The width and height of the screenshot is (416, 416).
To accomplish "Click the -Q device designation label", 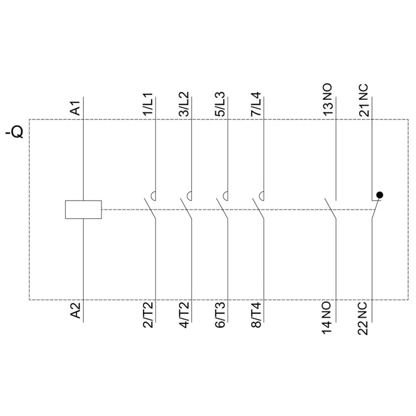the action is pyautogui.click(x=14, y=132).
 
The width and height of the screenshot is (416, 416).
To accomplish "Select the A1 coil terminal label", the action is pyautogui.click(x=75, y=108).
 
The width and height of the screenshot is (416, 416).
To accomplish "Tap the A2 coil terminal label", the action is pyautogui.click(x=75, y=310).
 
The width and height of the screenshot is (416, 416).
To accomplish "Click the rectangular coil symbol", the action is pyautogui.click(x=83, y=209).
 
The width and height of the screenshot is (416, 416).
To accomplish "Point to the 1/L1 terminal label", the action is pyautogui.click(x=148, y=104).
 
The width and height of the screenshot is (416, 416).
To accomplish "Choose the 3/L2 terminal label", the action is pyautogui.click(x=184, y=104).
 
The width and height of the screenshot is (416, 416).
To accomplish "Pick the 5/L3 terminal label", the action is pyautogui.click(x=220, y=104).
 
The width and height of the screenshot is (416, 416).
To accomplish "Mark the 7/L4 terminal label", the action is pyautogui.click(x=256, y=104).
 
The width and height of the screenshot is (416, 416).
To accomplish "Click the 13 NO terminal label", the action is pyautogui.click(x=328, y=99).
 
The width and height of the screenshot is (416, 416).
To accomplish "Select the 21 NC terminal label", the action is pyautogui.click(x=364, y=100).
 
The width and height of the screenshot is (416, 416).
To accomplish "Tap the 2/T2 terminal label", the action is pyautogui.click(x=148, y=315).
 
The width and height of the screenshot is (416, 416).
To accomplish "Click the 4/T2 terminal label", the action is pyautogui.click(x=184, y=315).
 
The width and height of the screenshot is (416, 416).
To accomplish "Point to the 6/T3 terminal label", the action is pyautogui.click(x=220, y=315).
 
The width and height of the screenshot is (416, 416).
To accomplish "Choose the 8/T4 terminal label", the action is pyautogui.click(x=256, y=315).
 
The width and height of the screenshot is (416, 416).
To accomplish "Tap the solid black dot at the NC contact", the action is pyautogui.click(x=380, y=195).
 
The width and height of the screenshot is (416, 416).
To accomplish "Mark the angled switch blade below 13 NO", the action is pyautogui.click(x=330, y=208).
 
